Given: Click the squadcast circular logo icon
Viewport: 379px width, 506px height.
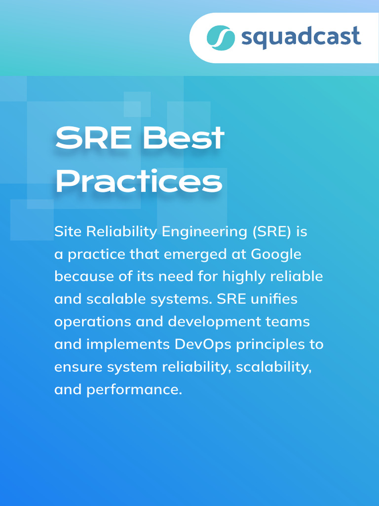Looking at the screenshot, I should click(221, 38).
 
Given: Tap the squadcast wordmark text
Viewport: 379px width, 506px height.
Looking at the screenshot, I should click(301, 38).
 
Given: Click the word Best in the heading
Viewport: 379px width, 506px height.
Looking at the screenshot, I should click(184, 138).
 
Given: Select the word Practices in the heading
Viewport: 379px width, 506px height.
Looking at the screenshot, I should click(139, 182).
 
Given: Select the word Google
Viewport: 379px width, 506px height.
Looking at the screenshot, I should click(276, 254).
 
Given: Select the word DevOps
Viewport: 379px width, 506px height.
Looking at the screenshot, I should click(203, 344).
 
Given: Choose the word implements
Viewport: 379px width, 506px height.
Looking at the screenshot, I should click(128, 345).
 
